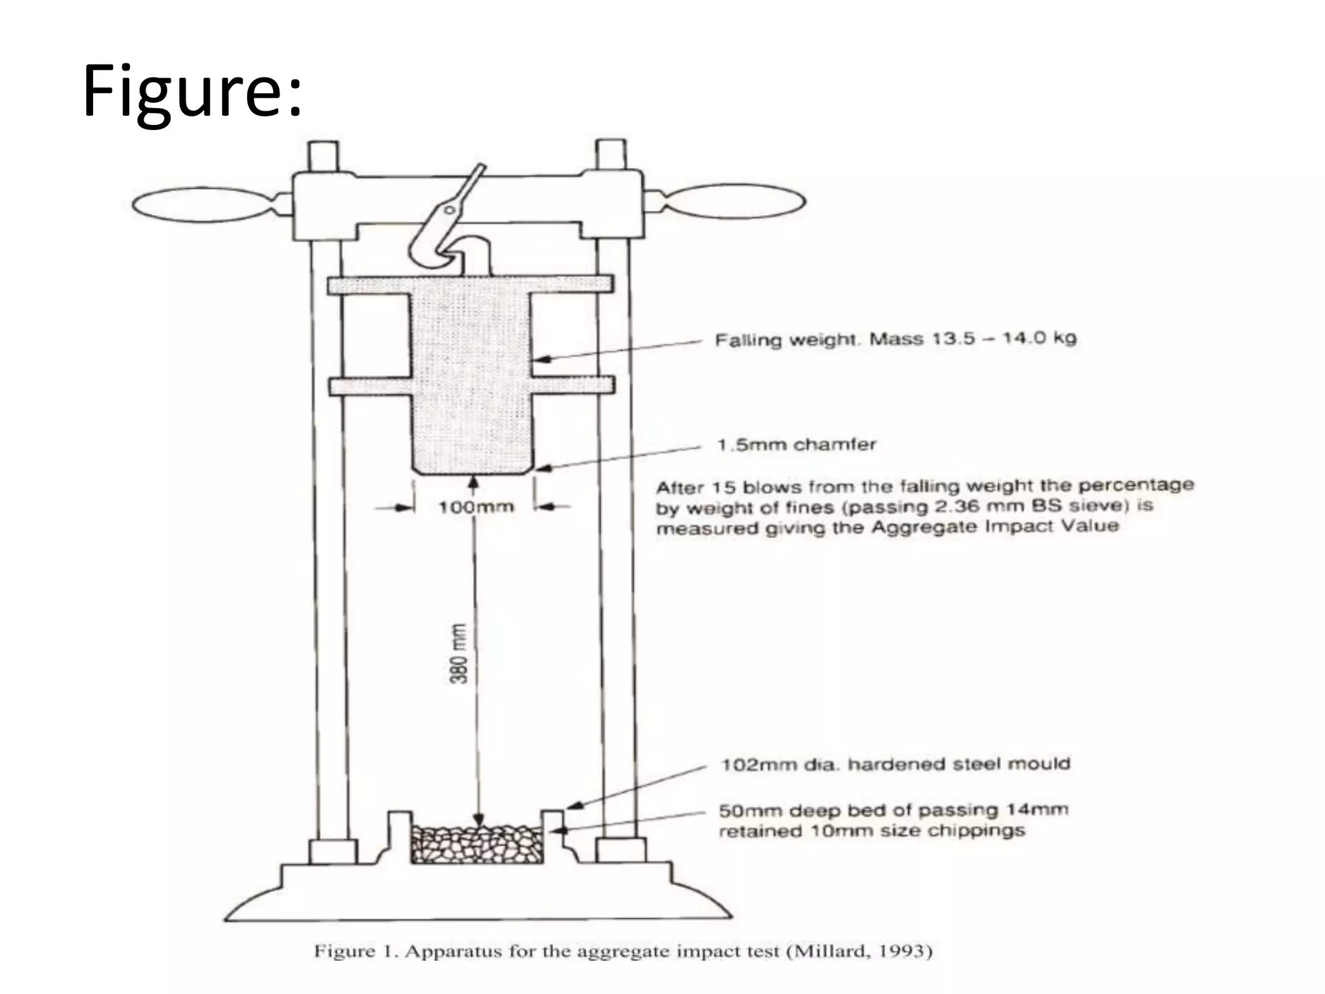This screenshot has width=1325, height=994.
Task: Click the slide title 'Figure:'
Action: point(192,91)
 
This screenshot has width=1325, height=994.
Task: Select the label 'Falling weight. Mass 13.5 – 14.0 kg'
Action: point(895,339)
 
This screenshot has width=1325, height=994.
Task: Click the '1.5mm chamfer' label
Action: point(796,445)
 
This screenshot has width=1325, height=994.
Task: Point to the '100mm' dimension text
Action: point(476,507)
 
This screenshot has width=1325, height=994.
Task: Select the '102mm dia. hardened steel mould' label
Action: point(895,764)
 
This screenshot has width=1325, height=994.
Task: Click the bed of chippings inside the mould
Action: point(477,844)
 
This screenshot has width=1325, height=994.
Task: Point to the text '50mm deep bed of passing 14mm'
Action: point(893,810)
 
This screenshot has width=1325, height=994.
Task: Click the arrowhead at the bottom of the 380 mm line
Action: point(477,819)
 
